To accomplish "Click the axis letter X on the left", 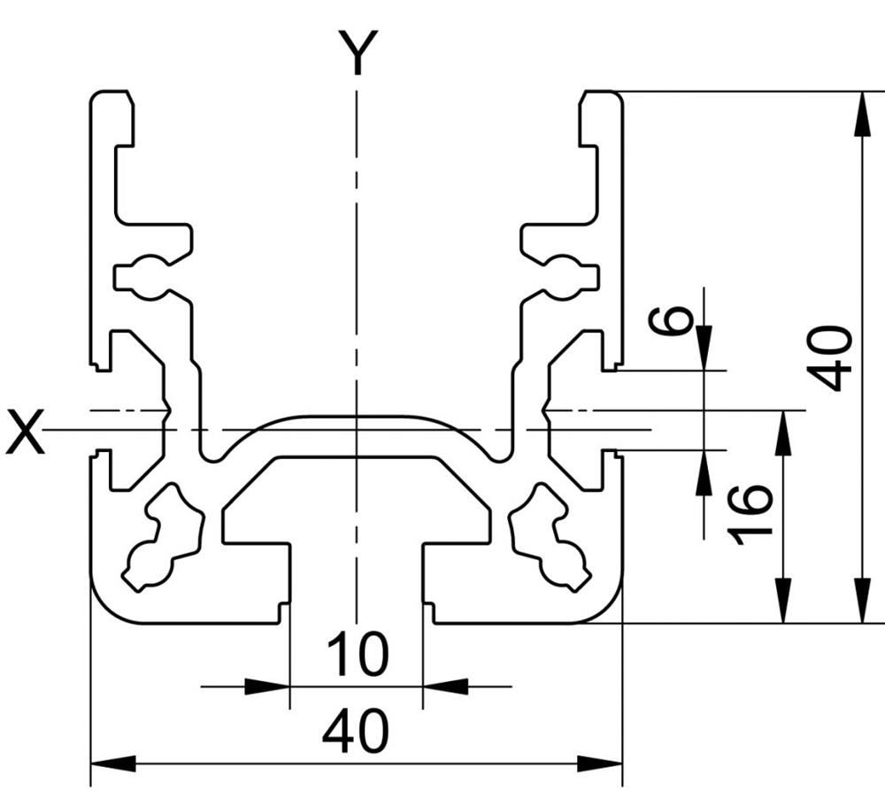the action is (25, 432).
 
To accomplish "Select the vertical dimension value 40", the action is (828, 357).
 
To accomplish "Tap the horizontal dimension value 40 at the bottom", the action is (356, 731).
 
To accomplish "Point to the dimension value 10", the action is (358, 654).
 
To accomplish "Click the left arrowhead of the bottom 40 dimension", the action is (113, 764).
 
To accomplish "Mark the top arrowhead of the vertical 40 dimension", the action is (861, 113).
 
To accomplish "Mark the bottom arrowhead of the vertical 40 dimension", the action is (861, 601).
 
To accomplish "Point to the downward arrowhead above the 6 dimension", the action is (704, 348).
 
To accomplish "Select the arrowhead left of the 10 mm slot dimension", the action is (267, 686).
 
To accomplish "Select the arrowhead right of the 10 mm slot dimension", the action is (445, 686).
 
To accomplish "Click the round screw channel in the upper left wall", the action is (150, 277).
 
